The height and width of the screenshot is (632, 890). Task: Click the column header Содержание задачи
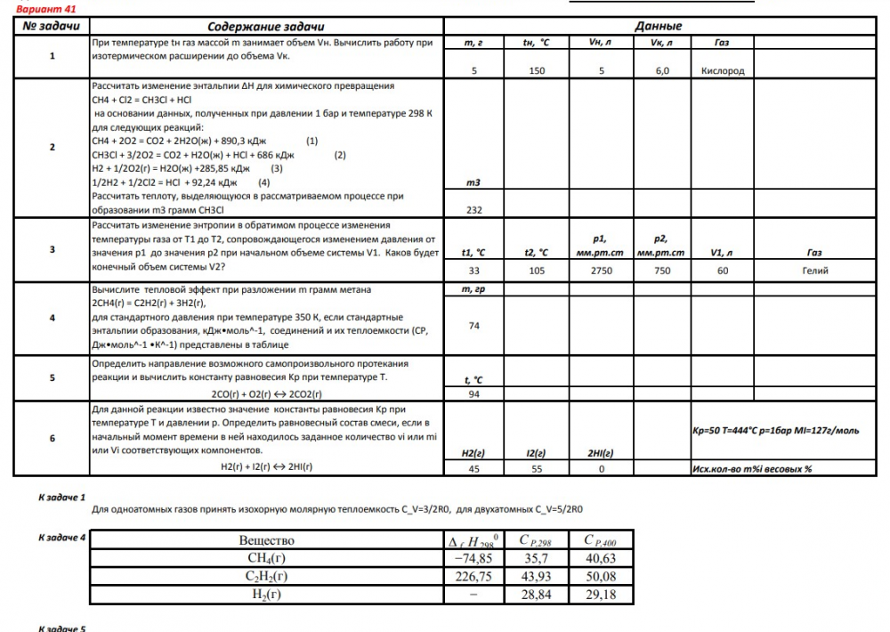pos(265,26)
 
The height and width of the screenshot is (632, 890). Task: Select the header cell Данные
pos(659,26)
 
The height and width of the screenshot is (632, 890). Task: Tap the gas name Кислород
pos(723,71)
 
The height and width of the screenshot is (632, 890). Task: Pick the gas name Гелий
pos(815,271)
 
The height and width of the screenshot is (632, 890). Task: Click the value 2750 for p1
pos(601,271)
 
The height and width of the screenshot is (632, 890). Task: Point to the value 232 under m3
pos(473,209)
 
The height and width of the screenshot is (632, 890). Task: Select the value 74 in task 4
pos(473,326)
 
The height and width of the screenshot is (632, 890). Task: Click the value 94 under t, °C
pos(473,393)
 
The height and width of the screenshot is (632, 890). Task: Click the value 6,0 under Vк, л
pos(662,71)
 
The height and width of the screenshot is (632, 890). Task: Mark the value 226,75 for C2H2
pos(473,577)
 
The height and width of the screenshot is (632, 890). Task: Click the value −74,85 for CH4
pos(473,559)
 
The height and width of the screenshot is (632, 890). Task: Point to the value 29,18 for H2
pos(602,595)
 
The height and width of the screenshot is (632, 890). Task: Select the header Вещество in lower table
pos(266,540)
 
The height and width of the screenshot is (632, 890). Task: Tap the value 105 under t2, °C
pos(537,271)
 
